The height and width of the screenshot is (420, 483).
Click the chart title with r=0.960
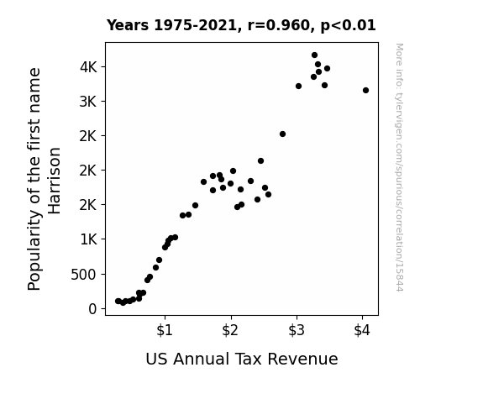tap(241, 25)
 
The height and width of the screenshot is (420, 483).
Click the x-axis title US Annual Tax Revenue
tap(242, 359)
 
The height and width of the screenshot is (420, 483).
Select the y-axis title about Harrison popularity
tap(44, 179)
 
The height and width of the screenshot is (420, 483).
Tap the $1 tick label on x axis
tap(165, 330)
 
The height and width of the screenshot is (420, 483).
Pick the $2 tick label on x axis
tap(230, 330)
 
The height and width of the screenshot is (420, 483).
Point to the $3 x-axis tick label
tap(297, 330)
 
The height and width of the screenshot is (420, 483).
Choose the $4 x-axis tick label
tap(362, 330)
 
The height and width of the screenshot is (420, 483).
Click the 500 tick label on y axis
tap(83, 274)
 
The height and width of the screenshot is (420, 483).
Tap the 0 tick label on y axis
tap(92, 309)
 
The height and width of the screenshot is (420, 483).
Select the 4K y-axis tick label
tap(88, 67)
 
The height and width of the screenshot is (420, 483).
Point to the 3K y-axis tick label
tap(88, 102)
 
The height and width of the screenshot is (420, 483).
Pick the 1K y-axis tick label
tap(88, 239)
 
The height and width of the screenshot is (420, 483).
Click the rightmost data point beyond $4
tap(365, 90)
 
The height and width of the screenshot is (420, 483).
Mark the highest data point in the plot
tap(314, 55)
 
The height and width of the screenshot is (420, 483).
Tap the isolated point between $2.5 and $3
tap(282, 134)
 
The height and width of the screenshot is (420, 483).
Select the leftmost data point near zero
tap(118, 301)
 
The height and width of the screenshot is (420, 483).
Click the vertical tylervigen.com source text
tap(399, 167)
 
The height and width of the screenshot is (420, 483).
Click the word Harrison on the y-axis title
tap(55, 181)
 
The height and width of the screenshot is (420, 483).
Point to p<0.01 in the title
tap(349, 26)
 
